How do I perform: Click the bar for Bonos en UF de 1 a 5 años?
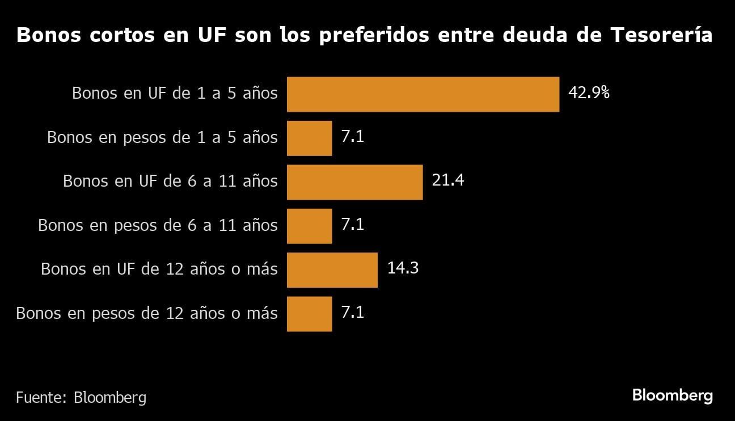pyautogui.click(x=423, y=94)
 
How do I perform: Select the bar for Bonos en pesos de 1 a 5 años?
pyautogui.click(x=309, y=138)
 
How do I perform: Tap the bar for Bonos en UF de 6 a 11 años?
pyautogui.click(x=354, y=182)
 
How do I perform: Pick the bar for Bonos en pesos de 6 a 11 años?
pyautogui.click(x=309, y=226)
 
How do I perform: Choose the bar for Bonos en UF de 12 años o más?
pyautogui.click(x=332, y=270)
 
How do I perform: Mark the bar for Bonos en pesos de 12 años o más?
pyautogui.click(x=309, y=314)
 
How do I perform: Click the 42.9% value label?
pyautogui.click(x=589, y=93)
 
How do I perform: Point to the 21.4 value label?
pyautogui.click(x=448, y=181)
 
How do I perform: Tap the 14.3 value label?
pyautogui.click(x=403, y=268)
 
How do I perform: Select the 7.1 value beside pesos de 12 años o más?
pyautogui.click(x=352, y=313)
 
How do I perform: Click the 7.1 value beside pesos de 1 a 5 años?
pyautogui.click(x=352, y=137)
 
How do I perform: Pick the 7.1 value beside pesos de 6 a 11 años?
pyautogui.click(x=352, y=225)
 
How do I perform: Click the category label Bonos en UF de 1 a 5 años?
pyautogui.click(x=175, y=94)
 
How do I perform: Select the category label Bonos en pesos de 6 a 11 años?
pyautogui.click(x=158, y=226)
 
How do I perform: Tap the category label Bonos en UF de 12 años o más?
pyautogui.click(x=159, y=270)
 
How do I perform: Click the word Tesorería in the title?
pyautogui.click(x=661, y=36)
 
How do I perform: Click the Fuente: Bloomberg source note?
pyautogui.click(x=81, y=398)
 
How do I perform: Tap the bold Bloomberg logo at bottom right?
pyautogui.click(x=672, y=396)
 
